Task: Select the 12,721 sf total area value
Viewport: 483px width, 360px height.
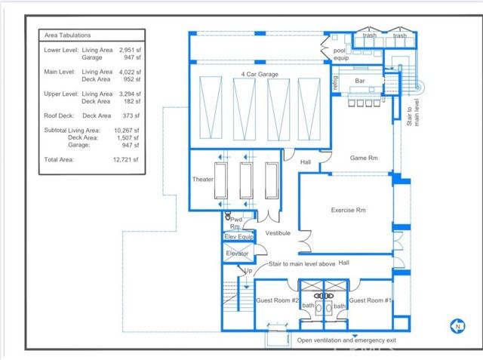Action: coord(125,160)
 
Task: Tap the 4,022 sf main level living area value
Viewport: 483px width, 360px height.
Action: coord(126,72)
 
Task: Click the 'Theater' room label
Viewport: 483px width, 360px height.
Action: coord(203,180)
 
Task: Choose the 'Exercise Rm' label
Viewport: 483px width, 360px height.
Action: coord(349,210)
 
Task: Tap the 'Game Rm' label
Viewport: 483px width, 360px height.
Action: coord(363,158)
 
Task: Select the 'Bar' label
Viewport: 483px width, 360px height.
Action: coord(359,79)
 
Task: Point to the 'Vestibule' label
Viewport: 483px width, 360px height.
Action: coord(278,233)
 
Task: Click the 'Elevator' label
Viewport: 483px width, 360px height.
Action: coord(238,254)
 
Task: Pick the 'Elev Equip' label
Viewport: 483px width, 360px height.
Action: coord(239,237)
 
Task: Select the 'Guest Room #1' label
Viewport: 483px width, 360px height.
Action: coord(370,300)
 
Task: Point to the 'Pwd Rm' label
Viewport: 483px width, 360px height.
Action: coord(235,222)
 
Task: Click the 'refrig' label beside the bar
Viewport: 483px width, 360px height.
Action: coord(333,82)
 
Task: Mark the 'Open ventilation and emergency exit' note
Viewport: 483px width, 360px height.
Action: coord(346,341)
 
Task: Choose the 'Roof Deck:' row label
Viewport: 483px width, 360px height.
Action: coord(60,115)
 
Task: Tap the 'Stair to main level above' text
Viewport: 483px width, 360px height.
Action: coord(303,264)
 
